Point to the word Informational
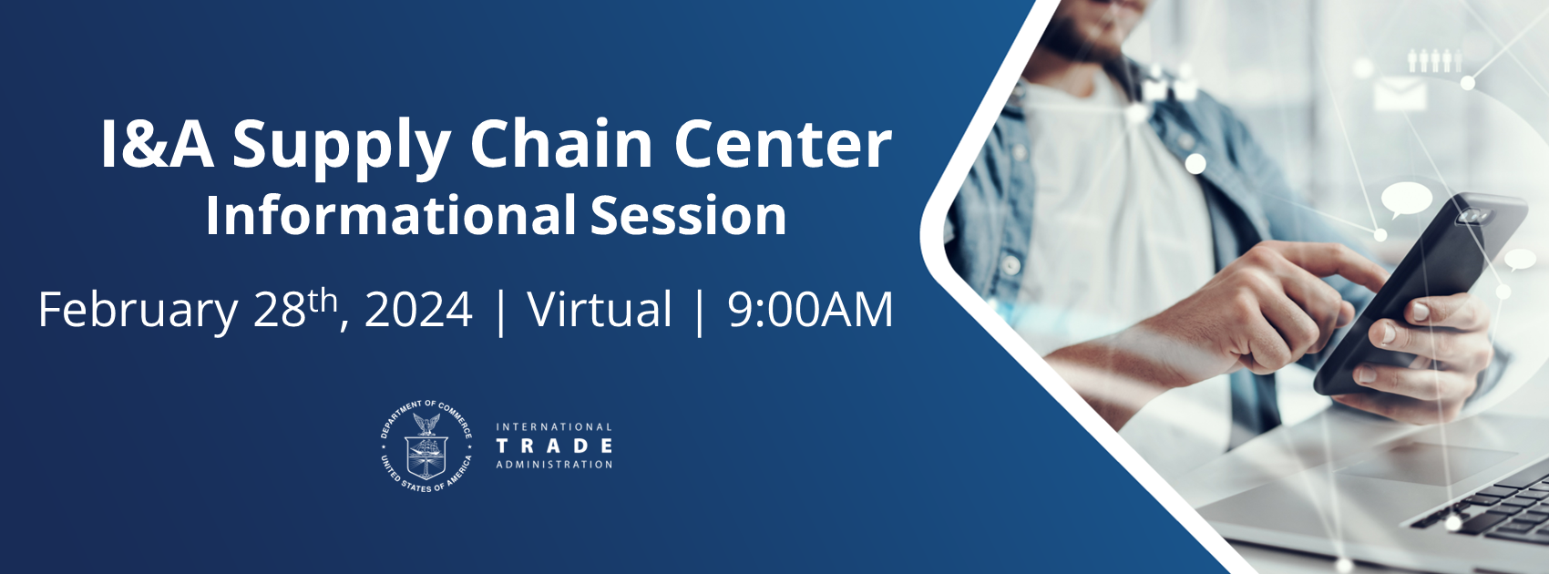pos(391,216)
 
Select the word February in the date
pos(137,310)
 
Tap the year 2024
pos(418,310)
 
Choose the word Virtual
pos(600,310)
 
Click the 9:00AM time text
pos(810,310)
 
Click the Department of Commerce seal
pos(426,446)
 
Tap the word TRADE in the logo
pos(554,446)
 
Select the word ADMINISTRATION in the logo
pos(554,465)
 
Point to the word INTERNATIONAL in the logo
pos(554,426)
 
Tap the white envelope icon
pos(1400,94)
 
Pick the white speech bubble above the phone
pos(1407,199)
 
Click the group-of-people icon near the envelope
pos(1434,60)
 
